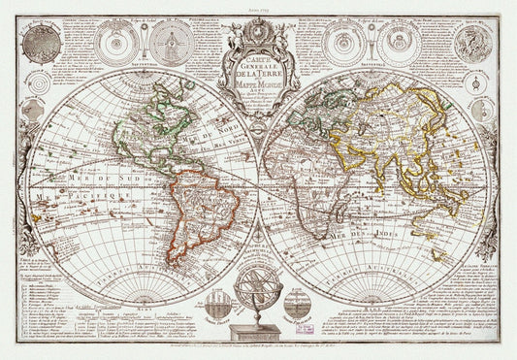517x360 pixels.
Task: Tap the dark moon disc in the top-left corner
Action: [x=42, y=43]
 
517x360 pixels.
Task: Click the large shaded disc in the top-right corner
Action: [x=474, y=44]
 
